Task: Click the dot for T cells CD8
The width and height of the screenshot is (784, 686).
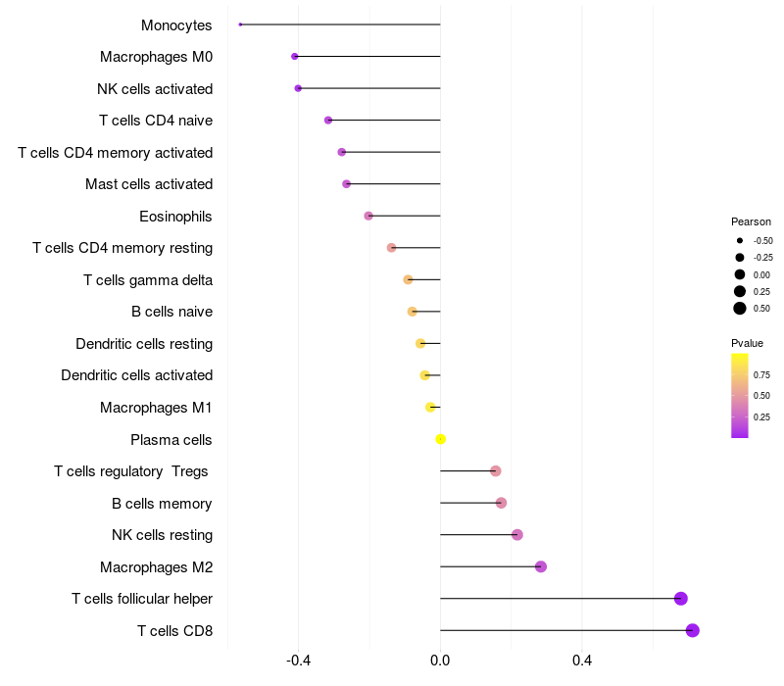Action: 693,630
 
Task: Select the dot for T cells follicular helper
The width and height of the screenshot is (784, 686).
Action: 681,599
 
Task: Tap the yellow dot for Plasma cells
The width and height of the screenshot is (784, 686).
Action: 441,439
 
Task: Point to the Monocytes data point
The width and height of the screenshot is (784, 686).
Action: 240,24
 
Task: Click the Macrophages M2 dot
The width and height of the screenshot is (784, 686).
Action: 541,566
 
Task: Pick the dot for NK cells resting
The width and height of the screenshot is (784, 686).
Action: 517,535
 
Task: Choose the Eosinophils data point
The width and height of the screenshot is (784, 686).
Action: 368,216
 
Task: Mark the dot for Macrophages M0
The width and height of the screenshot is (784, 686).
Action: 295,57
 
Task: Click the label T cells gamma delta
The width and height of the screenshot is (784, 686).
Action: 148,280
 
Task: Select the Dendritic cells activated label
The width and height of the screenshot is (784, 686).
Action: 137,375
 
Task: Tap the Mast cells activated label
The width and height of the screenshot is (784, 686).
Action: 149,184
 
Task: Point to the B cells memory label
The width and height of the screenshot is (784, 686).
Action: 162,504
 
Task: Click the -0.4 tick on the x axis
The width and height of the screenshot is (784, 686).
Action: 299,661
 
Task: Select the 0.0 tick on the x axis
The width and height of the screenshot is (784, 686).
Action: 441,661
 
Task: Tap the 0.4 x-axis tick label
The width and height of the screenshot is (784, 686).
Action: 582,661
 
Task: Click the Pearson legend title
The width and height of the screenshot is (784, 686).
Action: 751,221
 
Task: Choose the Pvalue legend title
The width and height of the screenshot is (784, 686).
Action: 747,343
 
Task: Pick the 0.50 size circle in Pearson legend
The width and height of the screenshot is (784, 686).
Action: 740,309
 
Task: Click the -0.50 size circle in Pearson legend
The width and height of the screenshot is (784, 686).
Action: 740,240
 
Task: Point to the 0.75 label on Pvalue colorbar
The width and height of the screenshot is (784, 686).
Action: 761,374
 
